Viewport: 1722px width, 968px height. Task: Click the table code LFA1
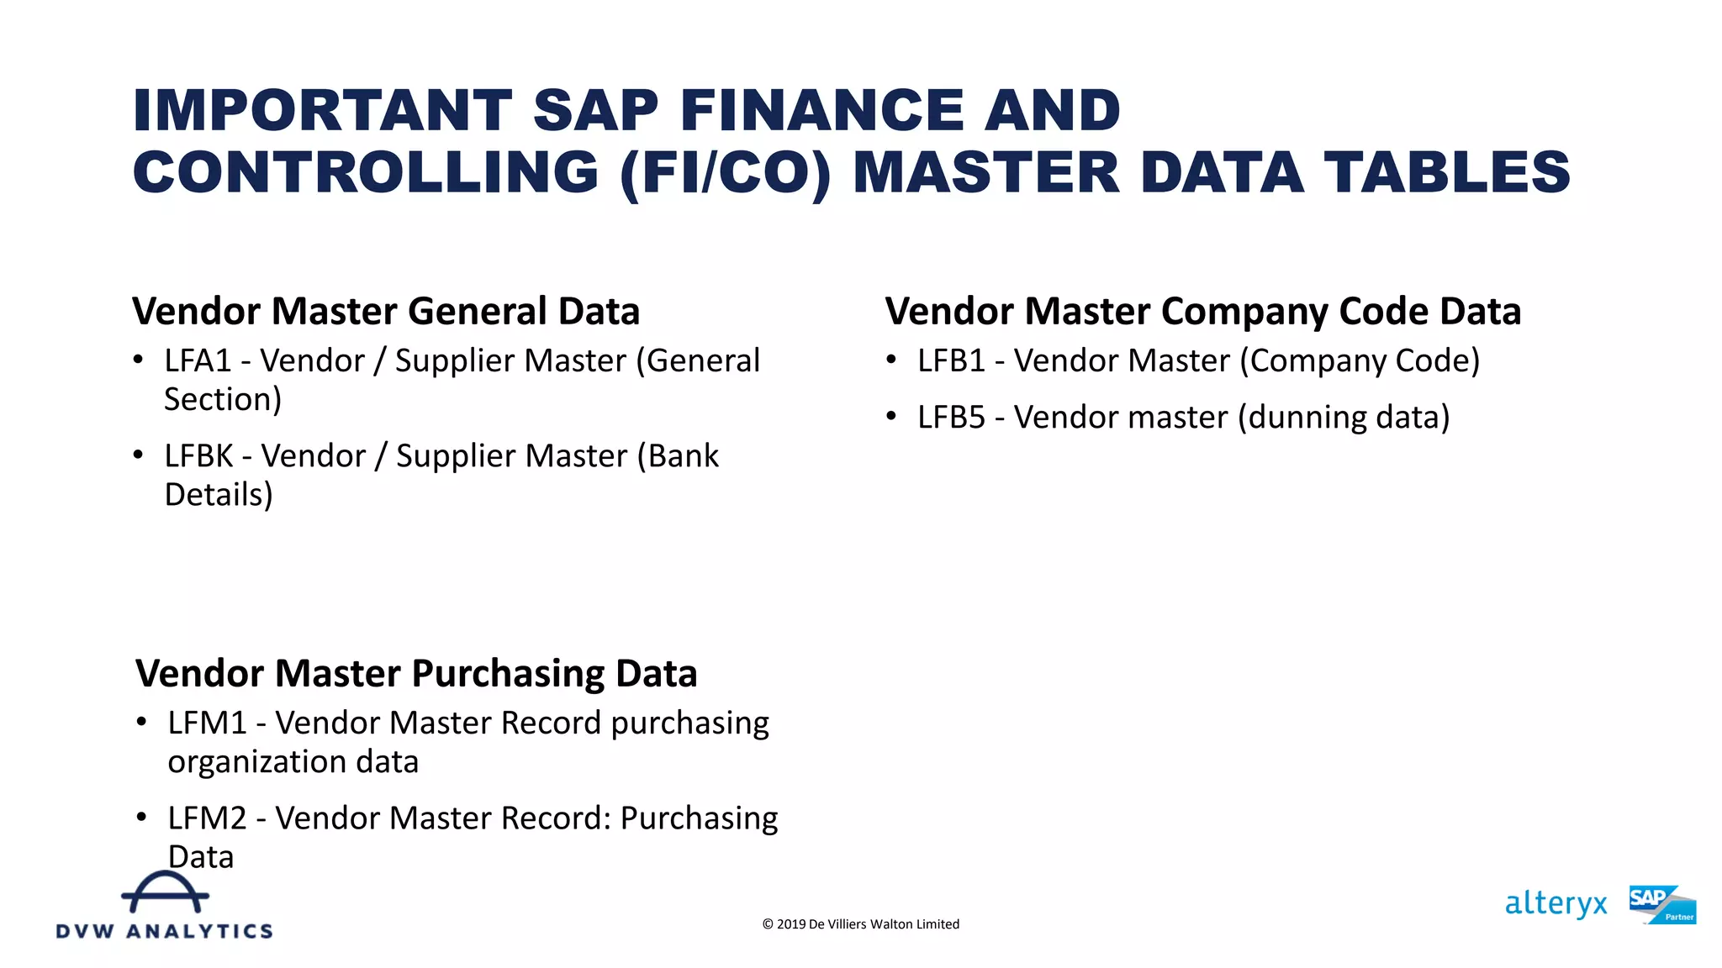[198, 361]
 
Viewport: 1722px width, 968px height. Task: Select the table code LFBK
[198, 456]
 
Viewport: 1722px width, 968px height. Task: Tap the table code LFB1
[951, 361]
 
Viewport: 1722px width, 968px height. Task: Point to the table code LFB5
[951, 418]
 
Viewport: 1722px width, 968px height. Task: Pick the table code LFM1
[207, 723]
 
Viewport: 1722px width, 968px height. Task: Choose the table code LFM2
[207, 818]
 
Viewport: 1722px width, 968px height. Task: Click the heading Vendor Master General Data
[386, 312]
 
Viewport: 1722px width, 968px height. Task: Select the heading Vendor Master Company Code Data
[1202, 312]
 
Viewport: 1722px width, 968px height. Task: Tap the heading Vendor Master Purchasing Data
[416, 674]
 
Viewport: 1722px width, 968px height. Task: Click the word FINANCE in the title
[821, 111]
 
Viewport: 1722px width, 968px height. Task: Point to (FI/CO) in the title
[725, 173]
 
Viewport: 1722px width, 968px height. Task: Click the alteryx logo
[1556, 904]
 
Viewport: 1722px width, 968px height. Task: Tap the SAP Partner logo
[1661, 905]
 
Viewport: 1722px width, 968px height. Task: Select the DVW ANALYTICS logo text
[165, 931]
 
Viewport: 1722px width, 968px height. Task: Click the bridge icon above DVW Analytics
[165, 892]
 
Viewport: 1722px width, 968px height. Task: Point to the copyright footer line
[860, 924]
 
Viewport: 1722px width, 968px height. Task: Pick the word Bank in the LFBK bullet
[683, 456]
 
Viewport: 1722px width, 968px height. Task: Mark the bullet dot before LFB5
[891, 416]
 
